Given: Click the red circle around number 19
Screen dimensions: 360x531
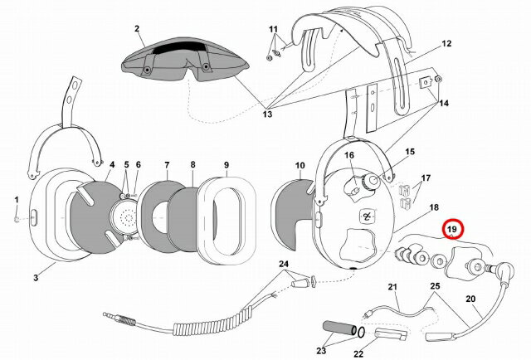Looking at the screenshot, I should [453, 228].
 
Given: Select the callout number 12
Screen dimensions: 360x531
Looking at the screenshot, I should [446, 43].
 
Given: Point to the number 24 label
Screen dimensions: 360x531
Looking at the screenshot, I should [285, 265].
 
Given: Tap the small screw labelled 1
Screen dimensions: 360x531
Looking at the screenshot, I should [18, 217].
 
